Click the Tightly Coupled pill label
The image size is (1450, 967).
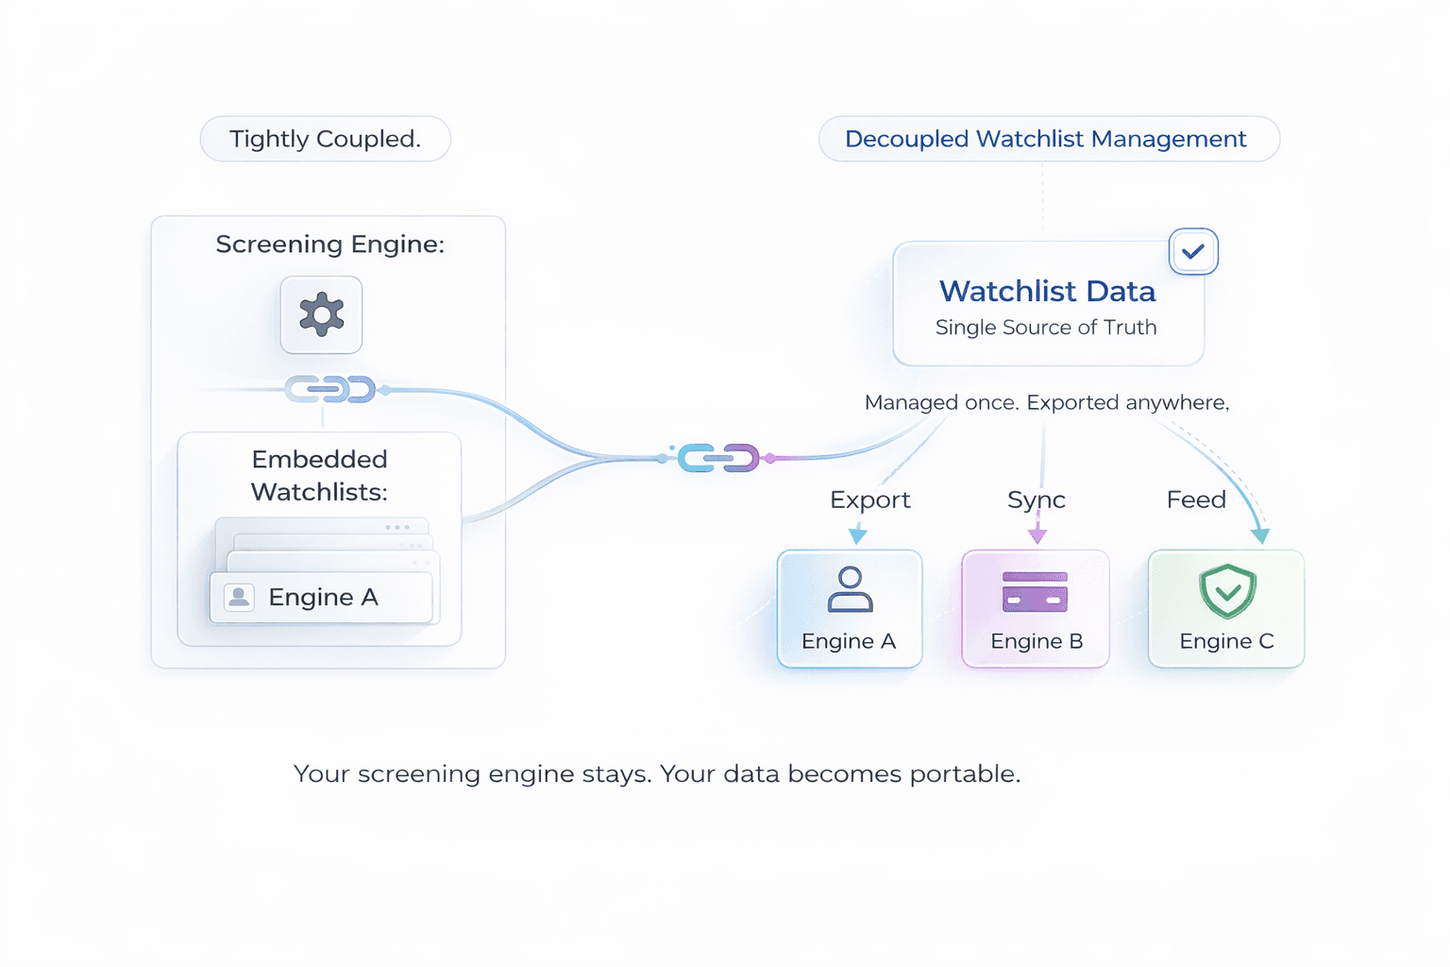(325, 139)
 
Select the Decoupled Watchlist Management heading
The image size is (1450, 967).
(1045, 139)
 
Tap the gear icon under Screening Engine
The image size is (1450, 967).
(321, 314)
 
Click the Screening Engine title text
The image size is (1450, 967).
(330, 245)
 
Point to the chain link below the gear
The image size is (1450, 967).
(330, 389)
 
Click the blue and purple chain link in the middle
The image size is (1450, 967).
(718, 458)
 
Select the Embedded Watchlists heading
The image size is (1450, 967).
(320, 475)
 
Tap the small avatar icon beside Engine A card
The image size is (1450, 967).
(239, 597)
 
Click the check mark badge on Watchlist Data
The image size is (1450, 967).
(1193, 251)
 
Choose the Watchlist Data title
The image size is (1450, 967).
(1047, 291)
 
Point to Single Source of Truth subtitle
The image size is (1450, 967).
(1046, 327)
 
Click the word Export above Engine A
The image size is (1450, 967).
(870, 500)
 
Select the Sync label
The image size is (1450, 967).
(1037, 500)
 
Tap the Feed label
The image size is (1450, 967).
(1196, 500)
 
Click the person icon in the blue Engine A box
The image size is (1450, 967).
(850, 588)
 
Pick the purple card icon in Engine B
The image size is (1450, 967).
(1035, 591)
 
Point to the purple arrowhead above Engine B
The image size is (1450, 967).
(1037, 535)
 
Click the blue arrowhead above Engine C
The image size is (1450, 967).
(1260, 535)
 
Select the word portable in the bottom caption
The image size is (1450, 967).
(965, 774)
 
